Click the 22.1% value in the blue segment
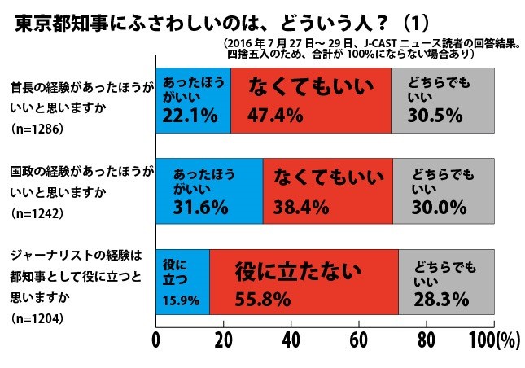[x=190, y=116]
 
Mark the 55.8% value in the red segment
[x=262, y=299]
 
